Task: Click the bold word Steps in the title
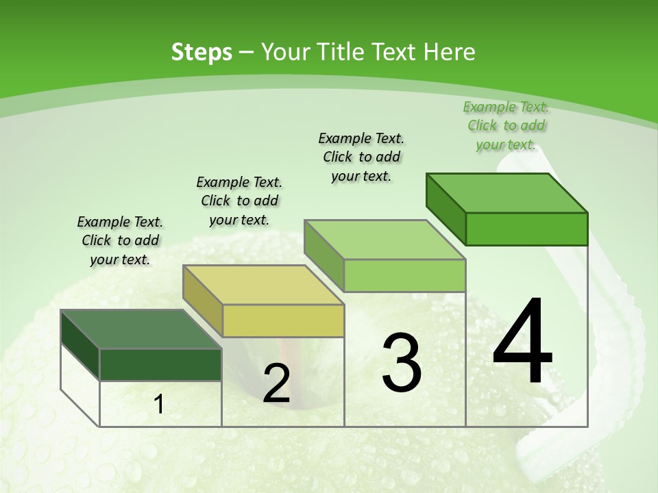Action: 202,52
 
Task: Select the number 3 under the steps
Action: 402,362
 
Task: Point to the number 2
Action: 276,383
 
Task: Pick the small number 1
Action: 159,405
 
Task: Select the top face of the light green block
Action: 385,240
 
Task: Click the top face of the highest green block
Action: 507,193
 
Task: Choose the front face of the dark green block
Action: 160,365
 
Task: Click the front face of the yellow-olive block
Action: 283,320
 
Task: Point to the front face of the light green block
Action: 404,275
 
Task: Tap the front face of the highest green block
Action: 526,229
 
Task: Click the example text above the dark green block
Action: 120,240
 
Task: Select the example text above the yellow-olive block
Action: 239,201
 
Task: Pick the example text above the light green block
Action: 361,157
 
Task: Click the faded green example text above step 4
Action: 506,125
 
